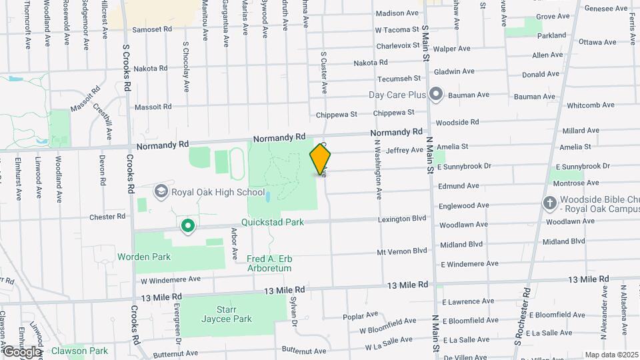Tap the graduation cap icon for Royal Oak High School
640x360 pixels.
tap(161, 192)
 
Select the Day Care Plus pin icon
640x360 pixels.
tap(436, 94)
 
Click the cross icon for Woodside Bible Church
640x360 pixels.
tap(549, 202)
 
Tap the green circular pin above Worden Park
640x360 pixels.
tap(188, 227)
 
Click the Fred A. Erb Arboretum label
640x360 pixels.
tap(269, 263)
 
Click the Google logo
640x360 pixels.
tap(21, 351)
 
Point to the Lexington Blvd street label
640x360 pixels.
tap(401, 218)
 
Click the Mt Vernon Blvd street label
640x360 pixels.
tap(401, 251)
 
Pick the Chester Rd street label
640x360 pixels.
tap(107, 216)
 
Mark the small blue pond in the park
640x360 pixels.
tap(267, 197)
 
